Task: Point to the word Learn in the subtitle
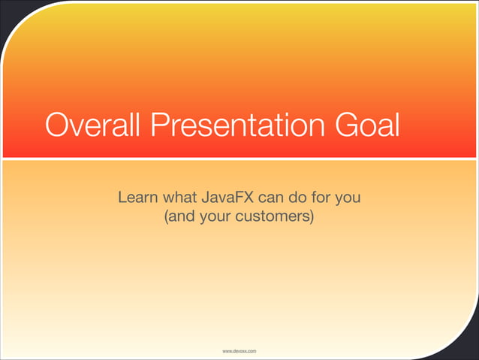[135, 199]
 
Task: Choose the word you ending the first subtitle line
[353, 200]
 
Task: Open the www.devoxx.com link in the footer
[239, 351]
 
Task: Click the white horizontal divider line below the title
[239, 159]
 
